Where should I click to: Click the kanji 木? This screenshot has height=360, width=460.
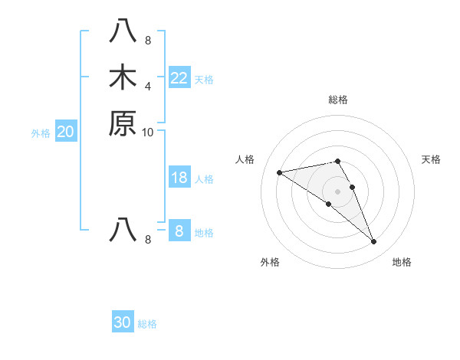pyautogui.click(x=123, y=78)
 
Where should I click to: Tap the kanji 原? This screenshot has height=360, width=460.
pyautogui.click(x=123, y=123)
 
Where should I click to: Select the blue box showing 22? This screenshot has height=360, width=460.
pyautogui.click(x=179, y=77)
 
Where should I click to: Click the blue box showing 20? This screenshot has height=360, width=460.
pyautogui.click(x=65, y=132)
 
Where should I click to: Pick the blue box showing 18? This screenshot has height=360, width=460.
pyautogui.click(x=179, y=178)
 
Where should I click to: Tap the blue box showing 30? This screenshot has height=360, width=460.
pyautogui.click(x=122, y=322)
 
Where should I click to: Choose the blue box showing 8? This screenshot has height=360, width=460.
pyautogui.click(x=179, y=231)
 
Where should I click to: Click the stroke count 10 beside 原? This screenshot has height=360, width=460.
pyautogui.click(x=148, y=132)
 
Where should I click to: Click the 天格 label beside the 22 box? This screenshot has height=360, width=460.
pyautogui.click(x=204, y=79)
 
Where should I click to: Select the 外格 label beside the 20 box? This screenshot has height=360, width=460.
pyautogui.click(x=41, y=133)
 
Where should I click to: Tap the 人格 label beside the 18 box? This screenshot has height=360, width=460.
pyautogui.click(x=204, y=179)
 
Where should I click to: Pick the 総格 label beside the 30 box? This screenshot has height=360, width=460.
pyautogui.click(x=147, y=324)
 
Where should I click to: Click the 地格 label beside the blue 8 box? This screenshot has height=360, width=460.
pyautogui.click(x=204, y=233)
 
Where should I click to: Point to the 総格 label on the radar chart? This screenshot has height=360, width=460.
pyautogui.click(x=338, y=100)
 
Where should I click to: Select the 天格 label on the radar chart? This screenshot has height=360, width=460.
pyautogui.click(x=431, y=159)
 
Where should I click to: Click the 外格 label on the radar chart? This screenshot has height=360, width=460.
pyautogui.click(x=270, y=262)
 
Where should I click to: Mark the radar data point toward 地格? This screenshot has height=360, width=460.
pyautogui.click(x=374, y=242)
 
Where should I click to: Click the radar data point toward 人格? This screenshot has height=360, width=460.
pyautogui.click(x=279, y=172)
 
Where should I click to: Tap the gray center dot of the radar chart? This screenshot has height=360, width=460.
pyautogui.click(x=338, y=191)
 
